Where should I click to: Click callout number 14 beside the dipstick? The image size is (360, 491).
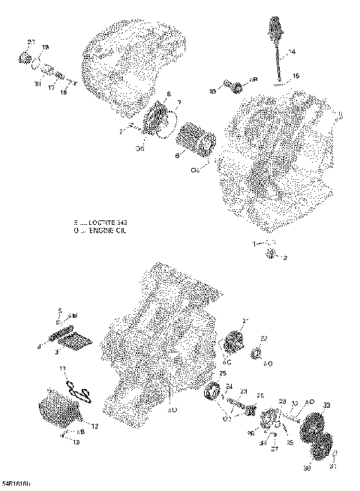(292, 52)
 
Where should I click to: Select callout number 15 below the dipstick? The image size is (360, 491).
(295, 76)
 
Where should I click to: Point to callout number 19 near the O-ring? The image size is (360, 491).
(45, 48)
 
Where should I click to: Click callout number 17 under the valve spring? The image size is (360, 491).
(51, 87)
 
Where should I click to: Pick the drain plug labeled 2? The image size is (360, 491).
(271, 257)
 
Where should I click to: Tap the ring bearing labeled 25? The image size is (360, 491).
(213, 391)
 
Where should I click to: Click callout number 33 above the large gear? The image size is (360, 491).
(325, 406)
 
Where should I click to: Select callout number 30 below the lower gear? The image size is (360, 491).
(307, 469)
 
